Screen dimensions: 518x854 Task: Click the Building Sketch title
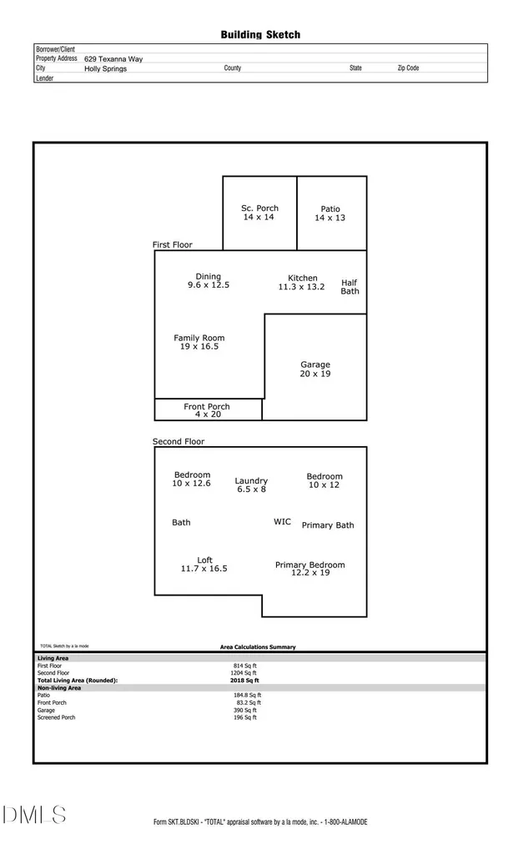260,35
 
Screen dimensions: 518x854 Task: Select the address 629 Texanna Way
113,59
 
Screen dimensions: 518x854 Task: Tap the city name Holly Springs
106,68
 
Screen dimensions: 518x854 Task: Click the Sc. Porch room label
259,213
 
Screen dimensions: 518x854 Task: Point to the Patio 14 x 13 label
330,213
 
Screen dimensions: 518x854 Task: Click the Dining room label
209,280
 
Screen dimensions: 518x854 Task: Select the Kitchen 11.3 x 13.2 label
302,282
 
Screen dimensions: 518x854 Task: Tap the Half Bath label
350,287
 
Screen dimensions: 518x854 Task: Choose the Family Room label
199,342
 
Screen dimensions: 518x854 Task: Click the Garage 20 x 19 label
315,369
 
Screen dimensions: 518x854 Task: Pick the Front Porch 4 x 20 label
207,410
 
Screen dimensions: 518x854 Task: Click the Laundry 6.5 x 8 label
251,485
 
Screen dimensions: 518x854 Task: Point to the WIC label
282,522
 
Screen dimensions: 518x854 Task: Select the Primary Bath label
328,525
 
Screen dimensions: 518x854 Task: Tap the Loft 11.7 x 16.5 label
204,565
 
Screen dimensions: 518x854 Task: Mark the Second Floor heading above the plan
179,442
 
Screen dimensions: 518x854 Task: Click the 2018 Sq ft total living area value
244,681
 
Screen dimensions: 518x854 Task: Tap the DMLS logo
33,815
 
